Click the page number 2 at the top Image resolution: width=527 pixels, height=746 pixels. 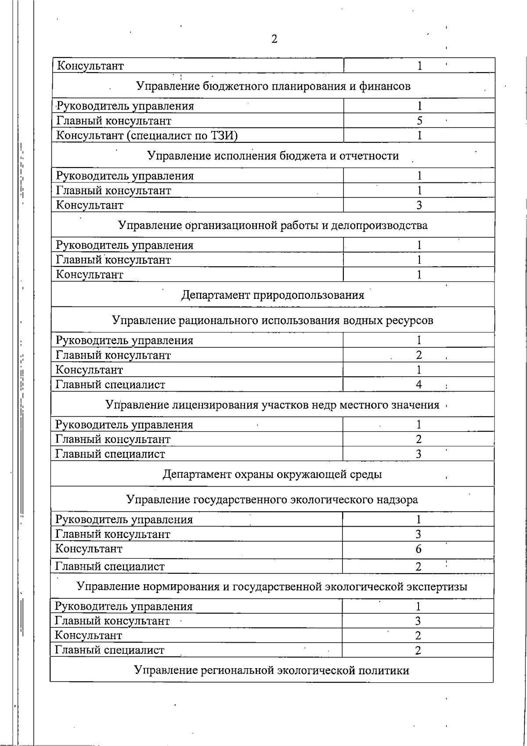point(274,40)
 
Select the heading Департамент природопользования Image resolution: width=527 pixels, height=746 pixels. point(273,295)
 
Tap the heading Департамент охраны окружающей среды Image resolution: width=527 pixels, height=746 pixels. point(272,475)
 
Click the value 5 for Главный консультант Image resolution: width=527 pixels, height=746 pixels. point(419,121)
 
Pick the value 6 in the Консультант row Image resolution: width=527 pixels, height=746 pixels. point(419,549)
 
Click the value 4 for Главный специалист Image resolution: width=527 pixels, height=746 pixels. point(419,385)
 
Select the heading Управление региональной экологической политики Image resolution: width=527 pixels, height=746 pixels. point(271,670)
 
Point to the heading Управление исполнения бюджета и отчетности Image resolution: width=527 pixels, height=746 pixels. point(273,156)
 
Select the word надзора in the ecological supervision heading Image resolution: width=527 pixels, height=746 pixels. point(399,500)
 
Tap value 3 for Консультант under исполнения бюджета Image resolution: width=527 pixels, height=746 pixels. point(419,205)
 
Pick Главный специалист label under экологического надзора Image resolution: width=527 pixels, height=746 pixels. point(110,567)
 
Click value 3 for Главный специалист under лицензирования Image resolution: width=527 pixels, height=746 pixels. point(419,454)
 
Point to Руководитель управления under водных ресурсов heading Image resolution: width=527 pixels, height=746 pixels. point(125,341)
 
